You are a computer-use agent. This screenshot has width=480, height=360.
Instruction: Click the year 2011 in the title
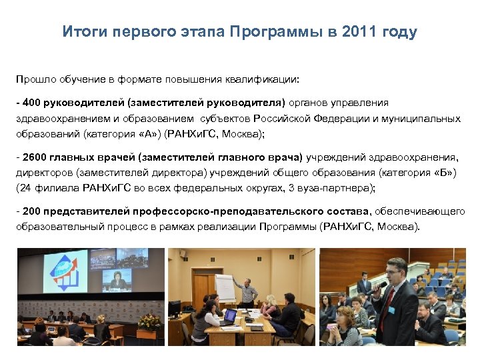click(x=359, y=32)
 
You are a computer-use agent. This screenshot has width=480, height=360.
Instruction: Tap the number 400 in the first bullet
click(x=32, y=103)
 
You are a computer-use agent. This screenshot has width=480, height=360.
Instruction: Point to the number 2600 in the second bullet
click(x=35, y=157)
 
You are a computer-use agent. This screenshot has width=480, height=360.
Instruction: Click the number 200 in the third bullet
click(x=32, y=211)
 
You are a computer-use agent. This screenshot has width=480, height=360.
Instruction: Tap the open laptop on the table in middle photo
click(x=230, y=316)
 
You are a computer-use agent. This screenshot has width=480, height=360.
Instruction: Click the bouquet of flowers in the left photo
click(x=150, y=322)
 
